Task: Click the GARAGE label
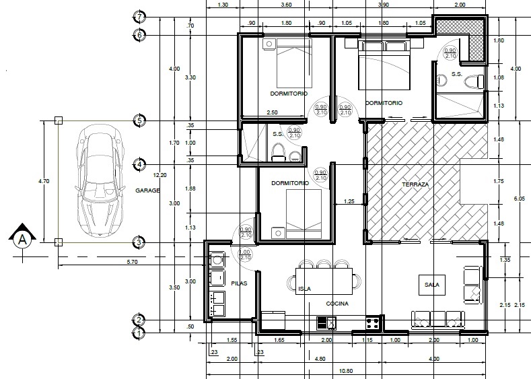pos(147,191)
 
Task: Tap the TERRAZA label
pos(415,184)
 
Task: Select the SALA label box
pos(432,285)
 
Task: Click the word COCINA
pos(337,304)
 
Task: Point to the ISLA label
pos(304,289)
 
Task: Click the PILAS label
pos(239,283)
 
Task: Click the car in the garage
pos(100,180)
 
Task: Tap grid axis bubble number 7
pos(139,16)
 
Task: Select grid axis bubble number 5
pos(139,120)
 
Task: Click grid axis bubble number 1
pos(139,333)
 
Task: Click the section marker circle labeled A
pos(22,240)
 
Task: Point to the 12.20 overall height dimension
pos(160,175)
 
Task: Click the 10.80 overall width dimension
pos(345,371)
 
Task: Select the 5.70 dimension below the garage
pos(132,262)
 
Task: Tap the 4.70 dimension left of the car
pos(44,181)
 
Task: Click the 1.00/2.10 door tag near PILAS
pos(244,254)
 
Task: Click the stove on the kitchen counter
pos(372,322)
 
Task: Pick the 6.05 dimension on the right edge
pos(519,199)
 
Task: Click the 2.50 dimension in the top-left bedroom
pos(273,112)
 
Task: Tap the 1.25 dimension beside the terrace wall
pos(349,201)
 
